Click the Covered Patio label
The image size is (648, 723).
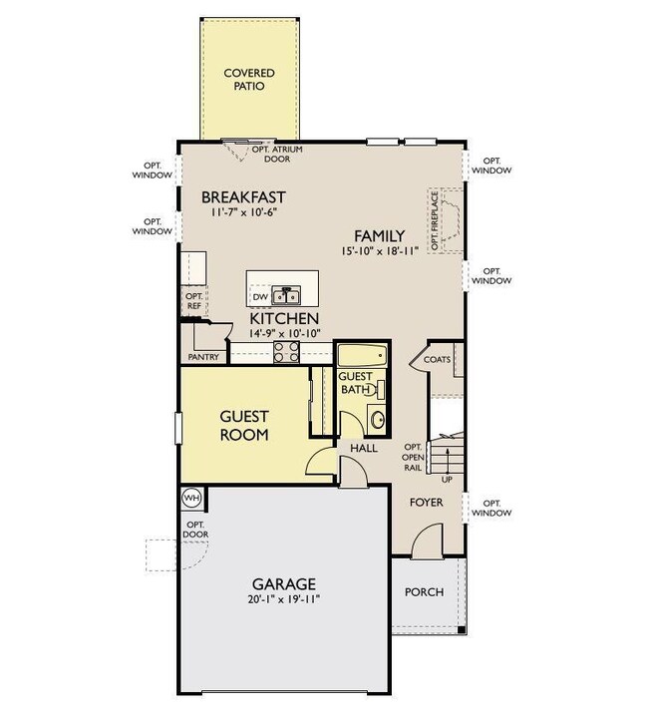(x=249, y=80)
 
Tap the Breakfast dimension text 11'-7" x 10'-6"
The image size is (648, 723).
(x=244, y=212)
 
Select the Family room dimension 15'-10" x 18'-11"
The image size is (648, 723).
(x=380, y=251)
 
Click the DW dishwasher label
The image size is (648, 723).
(x=260, y=297)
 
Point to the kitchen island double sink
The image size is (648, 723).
(x=286, y=295)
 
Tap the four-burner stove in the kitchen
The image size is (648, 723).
(x=286, y=352)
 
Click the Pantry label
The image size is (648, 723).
(x=203, y=357)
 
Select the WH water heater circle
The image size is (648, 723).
(x=191, y=498)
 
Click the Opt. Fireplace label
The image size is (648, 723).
(x=435, y=220)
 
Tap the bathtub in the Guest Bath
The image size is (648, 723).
(x=362, y=355)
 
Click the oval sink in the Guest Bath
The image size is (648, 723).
(x=378, y=420)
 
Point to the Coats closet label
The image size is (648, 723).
(x=437, y=359)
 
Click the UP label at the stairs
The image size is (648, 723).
(x=447, y=480)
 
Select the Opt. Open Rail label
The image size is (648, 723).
(x=413, y=457)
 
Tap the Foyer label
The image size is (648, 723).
(x=427, y=503)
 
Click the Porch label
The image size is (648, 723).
(x=424, y=592)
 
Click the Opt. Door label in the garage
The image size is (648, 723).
(x=195, y=530)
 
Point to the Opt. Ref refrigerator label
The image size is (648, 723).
(x=194, y=301)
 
